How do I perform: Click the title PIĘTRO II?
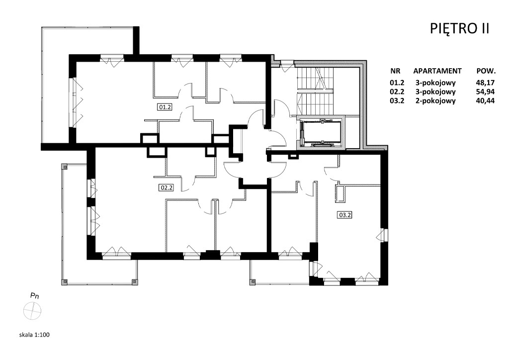[x=459, y=28]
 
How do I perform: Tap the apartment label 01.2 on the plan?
[x=165, y=107]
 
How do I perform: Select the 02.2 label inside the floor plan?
[x=166, y=187]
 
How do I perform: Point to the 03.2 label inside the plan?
[x=345, y=215]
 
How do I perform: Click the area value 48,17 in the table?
[x=485, y=83]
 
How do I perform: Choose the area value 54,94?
[x=485, y=91]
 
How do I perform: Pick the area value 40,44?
[x=485, y=100]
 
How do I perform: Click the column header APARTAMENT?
[x=437, y=71]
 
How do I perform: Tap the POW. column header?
[x=486, y=71]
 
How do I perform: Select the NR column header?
[x=395, y=71]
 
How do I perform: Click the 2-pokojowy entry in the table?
[x=435, y=101]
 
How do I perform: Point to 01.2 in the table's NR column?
[x=397, y=83]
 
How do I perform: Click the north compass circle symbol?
[x=32, y=311]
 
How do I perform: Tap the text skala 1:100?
[x=34, y=335]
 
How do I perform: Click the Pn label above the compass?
[x=34, y=296]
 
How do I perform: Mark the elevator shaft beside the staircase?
[x=322, y=132]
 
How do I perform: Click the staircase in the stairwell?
[x=315, y=91]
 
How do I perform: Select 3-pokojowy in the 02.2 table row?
[x=435, y=92]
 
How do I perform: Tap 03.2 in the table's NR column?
[x=397, y=100]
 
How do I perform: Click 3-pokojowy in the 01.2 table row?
[x=435, y=83]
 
